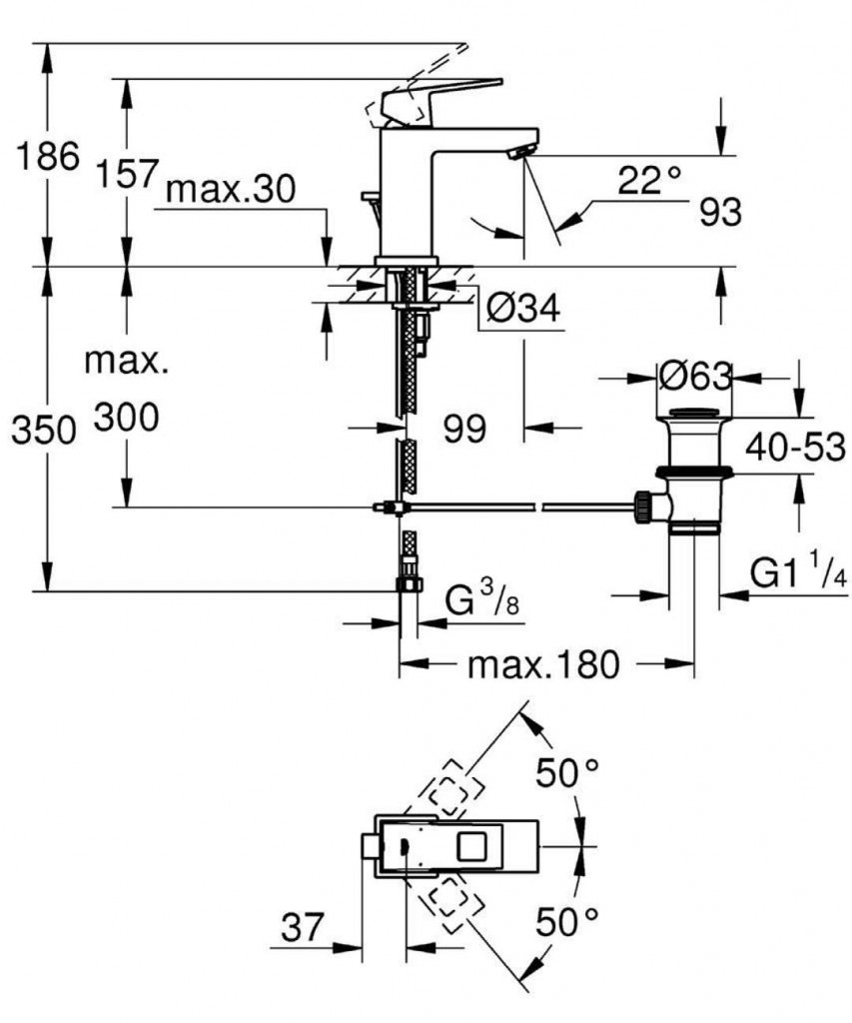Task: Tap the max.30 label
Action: [231, 190]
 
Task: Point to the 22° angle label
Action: [648, 181]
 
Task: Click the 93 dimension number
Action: [720, 213]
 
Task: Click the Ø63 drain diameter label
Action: [695, 377]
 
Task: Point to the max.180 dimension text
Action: [543, 663]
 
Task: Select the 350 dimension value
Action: [41, 431]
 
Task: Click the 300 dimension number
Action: [127, 418]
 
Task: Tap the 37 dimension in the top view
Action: [302, 928]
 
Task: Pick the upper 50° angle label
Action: [565, 772]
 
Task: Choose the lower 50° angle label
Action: [565, 920]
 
